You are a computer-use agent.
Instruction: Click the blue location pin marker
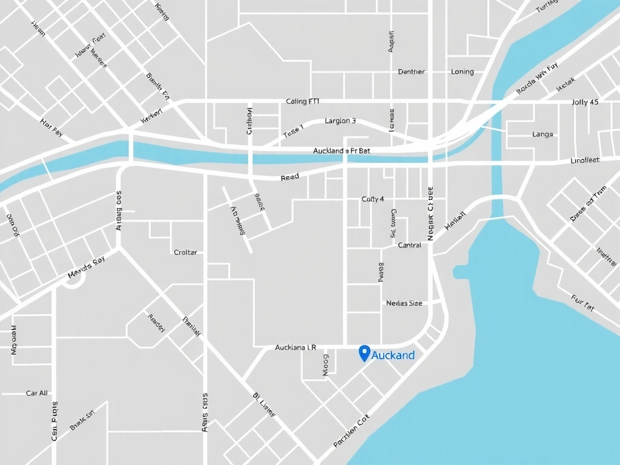coord(364,353)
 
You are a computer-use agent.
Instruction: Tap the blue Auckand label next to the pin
coord(393,355)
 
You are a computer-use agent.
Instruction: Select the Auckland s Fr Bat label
coord(341,150)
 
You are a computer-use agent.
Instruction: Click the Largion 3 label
coord(340,120)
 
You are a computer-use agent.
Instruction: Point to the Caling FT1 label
coord(303,102)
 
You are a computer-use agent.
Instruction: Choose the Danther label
coord(412,71)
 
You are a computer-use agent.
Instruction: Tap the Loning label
coord(463,71)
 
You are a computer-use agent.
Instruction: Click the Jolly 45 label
coord(585,102)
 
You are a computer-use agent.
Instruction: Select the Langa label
coord(542,134)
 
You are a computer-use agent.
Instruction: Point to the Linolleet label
coord(585,160)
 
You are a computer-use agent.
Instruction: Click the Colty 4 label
coord(372,199)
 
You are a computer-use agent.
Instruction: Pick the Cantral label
coord(409,245)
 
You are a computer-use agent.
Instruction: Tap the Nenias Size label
coord(404,303)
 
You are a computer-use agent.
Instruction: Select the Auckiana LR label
coord(295,348)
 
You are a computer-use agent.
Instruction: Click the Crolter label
coord(185,252)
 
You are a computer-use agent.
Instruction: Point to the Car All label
coord(37,393)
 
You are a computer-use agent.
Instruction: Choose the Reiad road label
coord(290,178)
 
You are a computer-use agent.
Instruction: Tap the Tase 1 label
coord(293,131)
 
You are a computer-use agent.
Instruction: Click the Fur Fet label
coord(582,303)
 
